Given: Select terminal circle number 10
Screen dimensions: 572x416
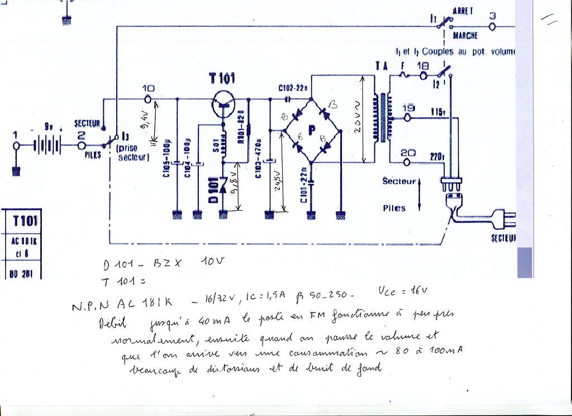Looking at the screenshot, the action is click(x=148, y=99).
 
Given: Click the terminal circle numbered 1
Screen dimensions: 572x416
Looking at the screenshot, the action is click(x=16, y=146).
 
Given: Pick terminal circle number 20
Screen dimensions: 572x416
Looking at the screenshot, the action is click(x=408, y=162).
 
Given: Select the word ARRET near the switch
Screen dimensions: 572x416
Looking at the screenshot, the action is click(x=463, y=11).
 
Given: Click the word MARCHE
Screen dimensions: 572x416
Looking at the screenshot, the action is click(x=465, y=36).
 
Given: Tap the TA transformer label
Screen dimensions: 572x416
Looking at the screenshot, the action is click(x=382, y=66).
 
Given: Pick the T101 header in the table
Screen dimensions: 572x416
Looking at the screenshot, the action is click(x=25, y=221).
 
